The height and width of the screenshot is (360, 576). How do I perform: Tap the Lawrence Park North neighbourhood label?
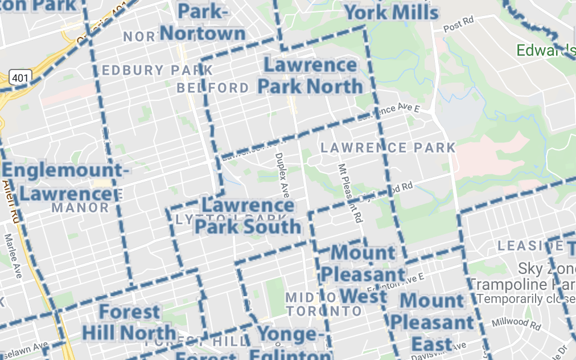[310, 76]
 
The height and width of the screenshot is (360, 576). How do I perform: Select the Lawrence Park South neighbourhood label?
[248, 216]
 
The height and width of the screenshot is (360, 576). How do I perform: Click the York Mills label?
[392, 12]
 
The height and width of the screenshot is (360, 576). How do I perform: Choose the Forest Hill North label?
[129, 322]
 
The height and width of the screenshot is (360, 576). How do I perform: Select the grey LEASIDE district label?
[521, 246]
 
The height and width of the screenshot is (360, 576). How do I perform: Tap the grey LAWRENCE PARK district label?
[388, 148]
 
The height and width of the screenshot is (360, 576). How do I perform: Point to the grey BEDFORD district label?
[213, 88]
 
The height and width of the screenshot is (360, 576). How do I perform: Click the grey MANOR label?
[80, 207]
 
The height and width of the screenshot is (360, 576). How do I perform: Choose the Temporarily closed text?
[526, 298]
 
